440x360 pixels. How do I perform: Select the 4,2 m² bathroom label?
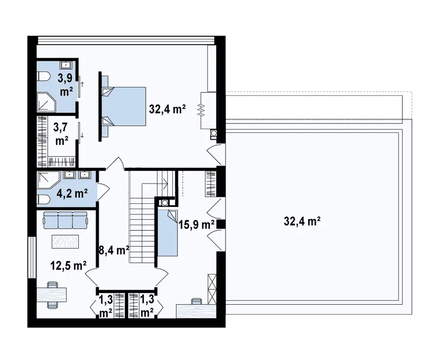(x=72, y=193)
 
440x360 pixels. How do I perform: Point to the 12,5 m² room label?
(x=68, y=265)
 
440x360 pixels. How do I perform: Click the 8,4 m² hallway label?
(x=114, y=250)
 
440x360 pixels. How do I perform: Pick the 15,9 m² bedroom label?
(x=197, y=224)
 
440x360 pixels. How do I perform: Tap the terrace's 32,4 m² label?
(x=302, y=221)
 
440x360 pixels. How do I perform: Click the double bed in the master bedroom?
(x=124, y=106)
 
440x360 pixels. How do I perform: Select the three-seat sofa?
(x=65, y=220)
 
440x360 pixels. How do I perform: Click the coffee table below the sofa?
(x=65, y=241)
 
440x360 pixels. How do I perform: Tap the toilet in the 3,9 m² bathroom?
(x=43, y=77)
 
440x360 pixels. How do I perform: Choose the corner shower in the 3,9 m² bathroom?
(x=47, y=102)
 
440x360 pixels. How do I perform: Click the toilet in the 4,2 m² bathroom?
(x=43, y=199)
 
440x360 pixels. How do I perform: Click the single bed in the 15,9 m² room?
(x=168, y=232)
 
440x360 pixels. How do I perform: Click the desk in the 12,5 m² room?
(x=52, y=294)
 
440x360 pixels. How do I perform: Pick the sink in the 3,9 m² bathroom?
(x=66, y=65)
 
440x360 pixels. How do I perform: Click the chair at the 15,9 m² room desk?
(x=197, y=301)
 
